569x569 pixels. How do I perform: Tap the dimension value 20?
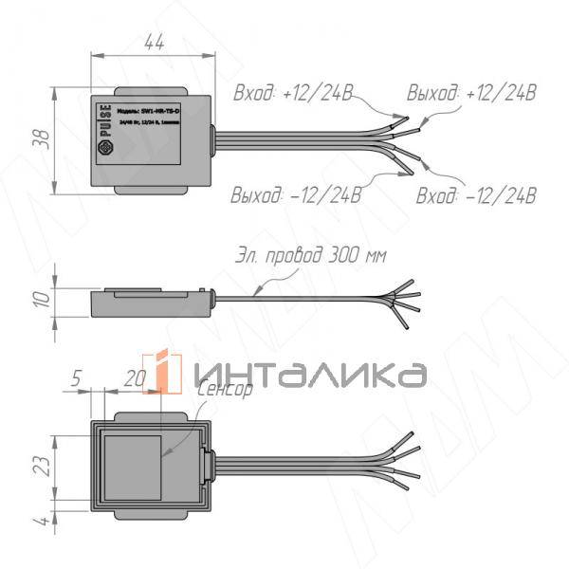(x=135, y=378)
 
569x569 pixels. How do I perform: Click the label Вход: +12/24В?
(x=293, y=94)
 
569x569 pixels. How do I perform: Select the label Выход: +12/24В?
(x=471, y=93)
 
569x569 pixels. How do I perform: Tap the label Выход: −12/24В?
(x=296, y=195)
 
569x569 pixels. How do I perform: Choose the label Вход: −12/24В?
(x=476, y=196)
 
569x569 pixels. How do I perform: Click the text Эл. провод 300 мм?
(x=310, y=256)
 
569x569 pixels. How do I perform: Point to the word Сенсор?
(x=225, y=390)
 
